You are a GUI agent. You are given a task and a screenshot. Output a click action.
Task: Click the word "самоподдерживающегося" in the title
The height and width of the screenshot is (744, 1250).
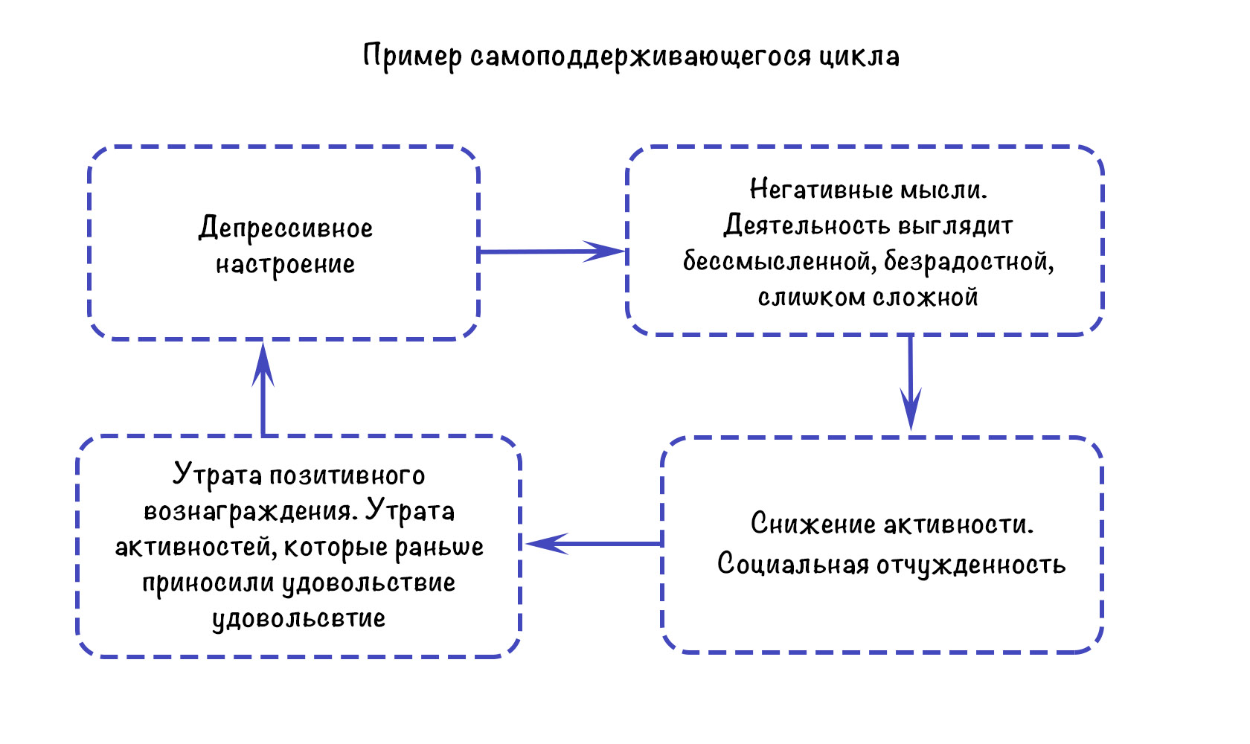(641, 57)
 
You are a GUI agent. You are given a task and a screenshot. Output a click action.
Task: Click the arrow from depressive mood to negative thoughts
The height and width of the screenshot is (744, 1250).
(552, 251)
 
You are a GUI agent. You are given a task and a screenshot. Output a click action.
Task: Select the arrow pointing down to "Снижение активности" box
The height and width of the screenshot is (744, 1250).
(911, 382)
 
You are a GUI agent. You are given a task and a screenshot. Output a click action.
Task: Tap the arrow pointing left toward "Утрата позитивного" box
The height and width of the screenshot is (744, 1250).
(594, 543)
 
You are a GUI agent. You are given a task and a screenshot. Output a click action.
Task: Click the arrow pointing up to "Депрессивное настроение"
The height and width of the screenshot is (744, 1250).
(263, 389)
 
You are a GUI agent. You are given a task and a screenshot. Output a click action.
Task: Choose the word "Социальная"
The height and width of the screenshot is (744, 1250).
(793, 564)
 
